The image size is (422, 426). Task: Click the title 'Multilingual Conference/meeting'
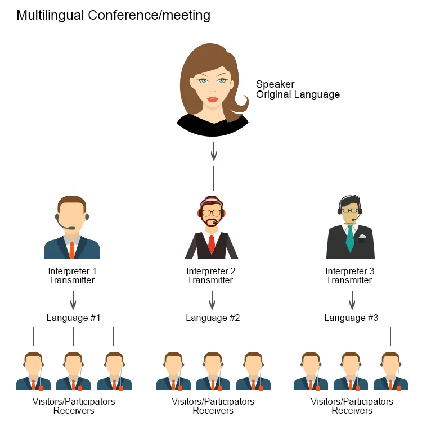tap(113, 16)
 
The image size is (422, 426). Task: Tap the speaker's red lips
tap(213, 99)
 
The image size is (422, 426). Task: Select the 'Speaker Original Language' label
tap(298, 89)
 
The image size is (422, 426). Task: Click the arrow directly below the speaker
tap(213, 151)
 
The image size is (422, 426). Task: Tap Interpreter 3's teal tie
tap(349, 239)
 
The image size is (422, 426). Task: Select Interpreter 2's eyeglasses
tap(212, 213)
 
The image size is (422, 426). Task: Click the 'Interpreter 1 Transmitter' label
tap(72, 275)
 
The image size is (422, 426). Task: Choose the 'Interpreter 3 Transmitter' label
tap(349, 275)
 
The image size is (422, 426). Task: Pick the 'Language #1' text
tap(73, 318)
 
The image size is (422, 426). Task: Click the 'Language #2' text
tap(213, 318)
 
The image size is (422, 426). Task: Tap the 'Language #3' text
tap(351, 318)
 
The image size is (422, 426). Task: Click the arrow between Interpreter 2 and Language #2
tap(212, 300)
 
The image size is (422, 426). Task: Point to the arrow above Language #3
tap(352, 300)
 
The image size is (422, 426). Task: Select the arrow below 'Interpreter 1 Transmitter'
tap(73, 300)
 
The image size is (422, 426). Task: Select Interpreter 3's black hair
tap(350, 201)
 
